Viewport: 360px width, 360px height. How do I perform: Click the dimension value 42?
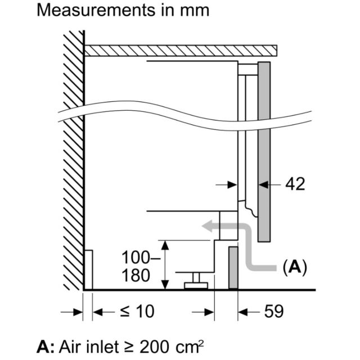pyautogui.click(x=295, y=184)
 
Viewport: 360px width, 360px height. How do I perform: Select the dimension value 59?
pyautogui.click(x=274, y=312)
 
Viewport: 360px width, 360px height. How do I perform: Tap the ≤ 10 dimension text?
pyautogui.click(x=137, y=312)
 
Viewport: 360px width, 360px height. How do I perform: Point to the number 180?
pyautogui.click(x=136, y=275)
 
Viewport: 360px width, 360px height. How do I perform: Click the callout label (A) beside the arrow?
pyautogui.click(x=295, y=267)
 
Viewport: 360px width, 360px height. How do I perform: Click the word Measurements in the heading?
pyautogui.click(x=96, y=10)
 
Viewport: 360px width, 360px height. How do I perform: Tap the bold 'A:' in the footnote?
pyautogui.click(x=46, y=346)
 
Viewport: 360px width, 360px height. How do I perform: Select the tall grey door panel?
pyautogui.click(x=264, y=151)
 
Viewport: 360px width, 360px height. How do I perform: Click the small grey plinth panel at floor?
pyautogui.click(x=233, y=268)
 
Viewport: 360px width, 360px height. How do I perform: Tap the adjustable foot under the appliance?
pyautogui.click(x=196, y=281)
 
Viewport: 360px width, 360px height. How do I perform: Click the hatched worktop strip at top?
pyautogui.click(x=181, y=51)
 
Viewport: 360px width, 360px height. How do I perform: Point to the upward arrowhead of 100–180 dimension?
pyautogui.click(x=165, y=245)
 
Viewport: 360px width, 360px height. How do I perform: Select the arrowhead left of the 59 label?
pyautogui.click(x=243, y=312)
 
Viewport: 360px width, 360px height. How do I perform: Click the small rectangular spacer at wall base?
pyautogui.click(x=89, y=269)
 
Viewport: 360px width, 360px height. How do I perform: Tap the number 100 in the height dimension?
pyautogui.click(x=136, y=258)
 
